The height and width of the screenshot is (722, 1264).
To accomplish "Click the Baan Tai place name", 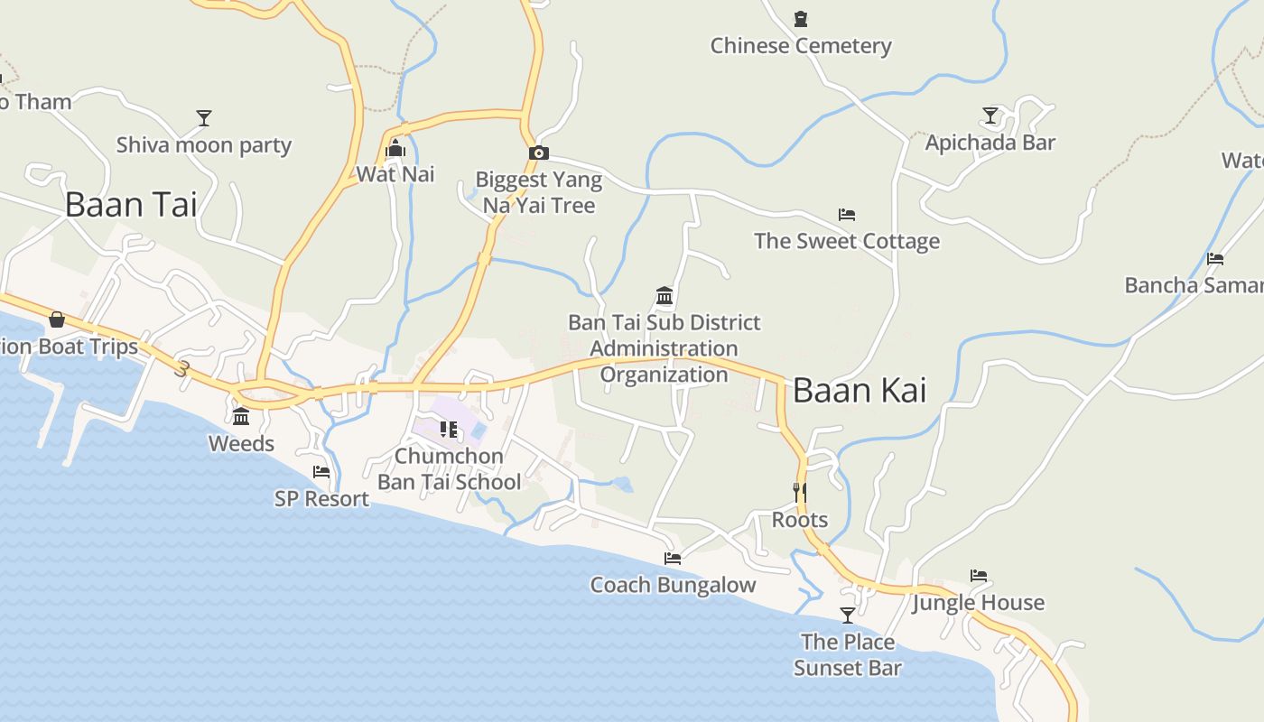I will point(131,205).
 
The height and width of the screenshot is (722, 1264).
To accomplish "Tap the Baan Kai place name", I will point(860,390).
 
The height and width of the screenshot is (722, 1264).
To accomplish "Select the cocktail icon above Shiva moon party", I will point(204,118).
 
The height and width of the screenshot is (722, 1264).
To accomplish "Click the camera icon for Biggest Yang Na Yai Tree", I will point(539,153).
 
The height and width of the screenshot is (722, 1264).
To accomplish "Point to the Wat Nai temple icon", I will point(395,148).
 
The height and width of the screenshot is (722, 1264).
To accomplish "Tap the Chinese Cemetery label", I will point(801,46).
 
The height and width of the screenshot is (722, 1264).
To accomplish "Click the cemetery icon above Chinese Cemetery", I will point(801,19).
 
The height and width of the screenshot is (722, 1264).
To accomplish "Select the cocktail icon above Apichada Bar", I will point(990,116).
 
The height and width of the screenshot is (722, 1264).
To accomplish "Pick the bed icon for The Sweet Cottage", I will point(847,215).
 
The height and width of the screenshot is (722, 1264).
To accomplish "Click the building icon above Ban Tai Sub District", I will point(665,295).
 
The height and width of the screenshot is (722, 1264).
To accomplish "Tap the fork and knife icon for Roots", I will point(800,492).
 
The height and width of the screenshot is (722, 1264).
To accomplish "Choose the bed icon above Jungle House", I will point(979,576).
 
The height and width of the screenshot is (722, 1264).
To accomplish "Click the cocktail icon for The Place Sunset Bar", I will point(848,616).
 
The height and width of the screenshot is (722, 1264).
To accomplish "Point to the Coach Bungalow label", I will point(673,585).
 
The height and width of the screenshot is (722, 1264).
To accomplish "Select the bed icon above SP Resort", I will point(321,472).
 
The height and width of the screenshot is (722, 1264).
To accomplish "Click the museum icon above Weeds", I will point(241,416).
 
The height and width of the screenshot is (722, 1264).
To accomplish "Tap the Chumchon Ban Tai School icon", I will point(449,430).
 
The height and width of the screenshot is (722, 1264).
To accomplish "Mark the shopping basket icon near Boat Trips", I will point(57,319).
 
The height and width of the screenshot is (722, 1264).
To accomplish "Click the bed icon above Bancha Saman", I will point(1215,259).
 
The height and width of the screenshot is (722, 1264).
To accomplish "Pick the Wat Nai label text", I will point(395,174).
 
